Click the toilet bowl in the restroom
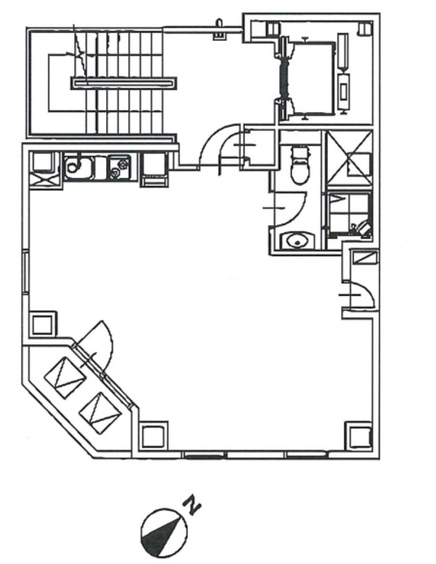(x=300, y=165)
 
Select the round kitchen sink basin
(x=74, y=166)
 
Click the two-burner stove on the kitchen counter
(x=119, y=167)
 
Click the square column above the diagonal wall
(x=42, y=325)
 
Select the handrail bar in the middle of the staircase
(x=124, y=83)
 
